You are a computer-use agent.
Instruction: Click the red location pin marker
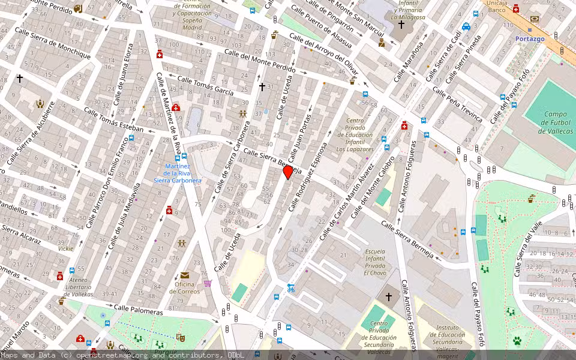tap(288, 172)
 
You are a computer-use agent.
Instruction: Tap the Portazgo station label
tap(530, 39)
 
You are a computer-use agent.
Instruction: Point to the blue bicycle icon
tap(291, 288)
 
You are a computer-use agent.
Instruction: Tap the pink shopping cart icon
tap(208, 283)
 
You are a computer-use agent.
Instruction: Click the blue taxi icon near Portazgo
tap(466, 26)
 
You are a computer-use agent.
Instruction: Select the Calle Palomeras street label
tap(139, 310)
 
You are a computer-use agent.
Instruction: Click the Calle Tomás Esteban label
tap(113, 120)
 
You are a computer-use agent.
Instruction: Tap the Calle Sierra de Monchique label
tap(52, 43)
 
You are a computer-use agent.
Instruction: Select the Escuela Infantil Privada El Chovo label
tap(374, 262)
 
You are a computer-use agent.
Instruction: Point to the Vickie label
tap(65, 248)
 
